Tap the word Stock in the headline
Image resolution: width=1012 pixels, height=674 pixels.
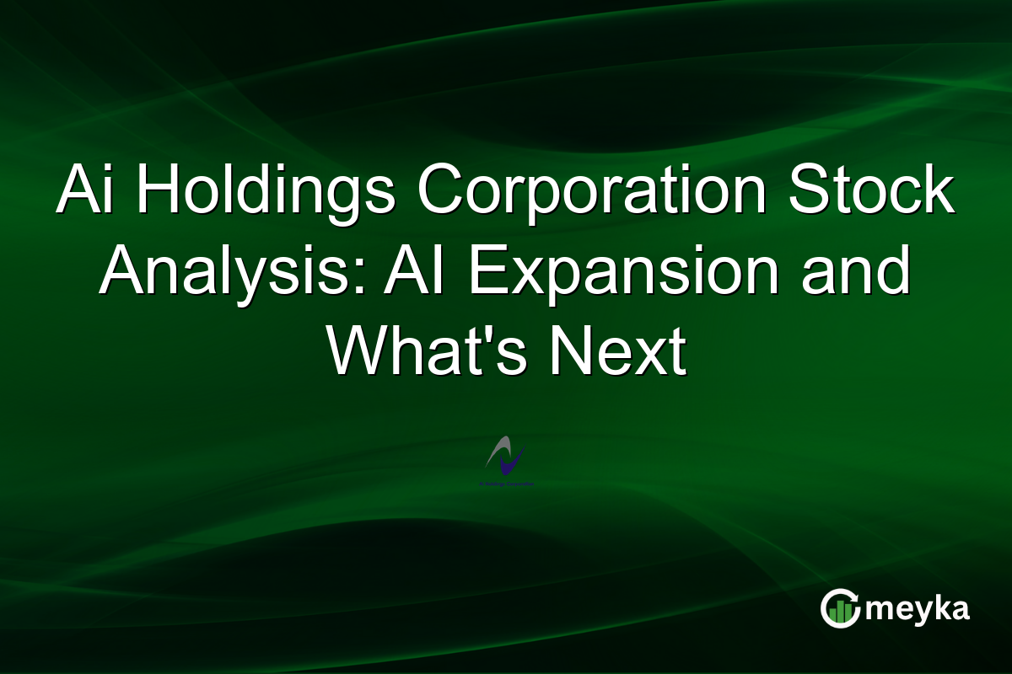point(873,194)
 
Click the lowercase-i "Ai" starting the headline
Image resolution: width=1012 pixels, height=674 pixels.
point(87,194)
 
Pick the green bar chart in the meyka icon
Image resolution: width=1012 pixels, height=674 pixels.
point(840,612)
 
